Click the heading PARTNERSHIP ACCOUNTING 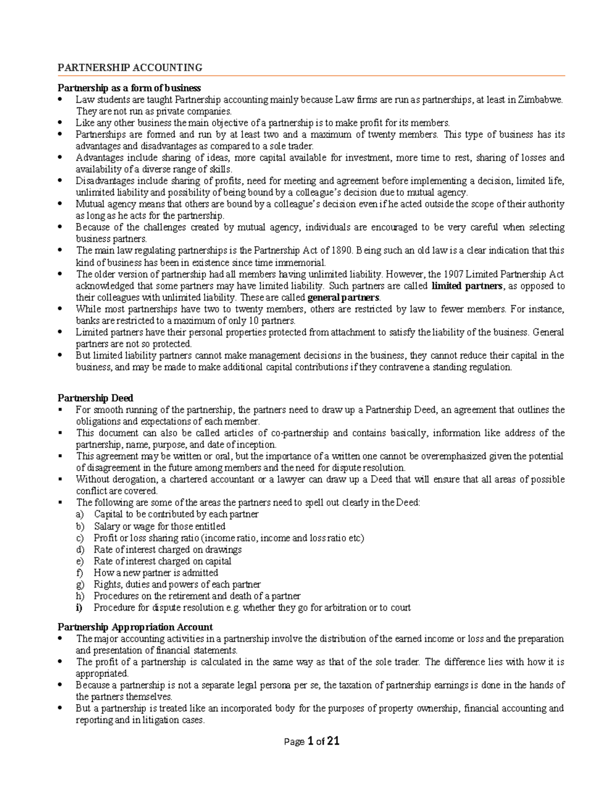(x=129, y=68)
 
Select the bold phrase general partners (x=344, y=298)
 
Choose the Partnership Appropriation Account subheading (x=135, y=627)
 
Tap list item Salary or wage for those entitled (x=159, y=526)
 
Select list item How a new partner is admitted (x=156, y=572)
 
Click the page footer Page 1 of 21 (x=311, y=741)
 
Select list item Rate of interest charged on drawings (x=167, y=549)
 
